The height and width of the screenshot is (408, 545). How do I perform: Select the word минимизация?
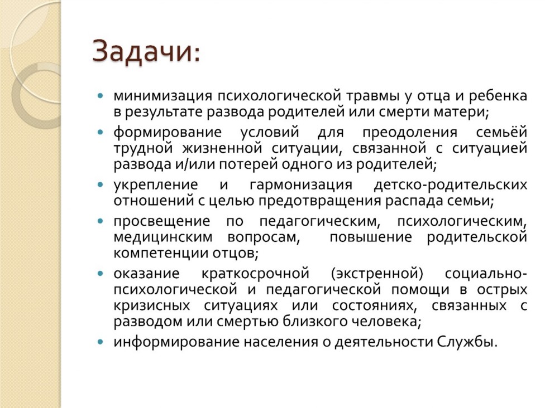[x=162, y=96]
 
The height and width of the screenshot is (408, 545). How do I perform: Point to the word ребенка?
[x=498, y=95]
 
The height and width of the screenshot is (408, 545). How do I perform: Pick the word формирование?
[x=168, y=132]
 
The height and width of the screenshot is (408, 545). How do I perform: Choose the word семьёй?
[x=501, y=132]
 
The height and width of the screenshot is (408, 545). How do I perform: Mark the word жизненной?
[x=222, y=148]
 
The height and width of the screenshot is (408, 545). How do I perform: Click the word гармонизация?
[x=301, y=184]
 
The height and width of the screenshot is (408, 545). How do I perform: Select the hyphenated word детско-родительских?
[x=451, y=184]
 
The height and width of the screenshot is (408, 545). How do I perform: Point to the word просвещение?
[x=162, y=221]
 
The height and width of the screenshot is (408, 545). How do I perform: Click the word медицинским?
[x=163, y=237]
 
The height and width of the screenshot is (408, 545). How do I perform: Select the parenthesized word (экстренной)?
[x=377, y=273]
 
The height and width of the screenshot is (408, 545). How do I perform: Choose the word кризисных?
[x=152, y=305]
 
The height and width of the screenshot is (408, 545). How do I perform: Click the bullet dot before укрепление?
[x=101, y=185]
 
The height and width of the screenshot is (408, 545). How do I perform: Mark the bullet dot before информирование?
[x=101, y=342]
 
